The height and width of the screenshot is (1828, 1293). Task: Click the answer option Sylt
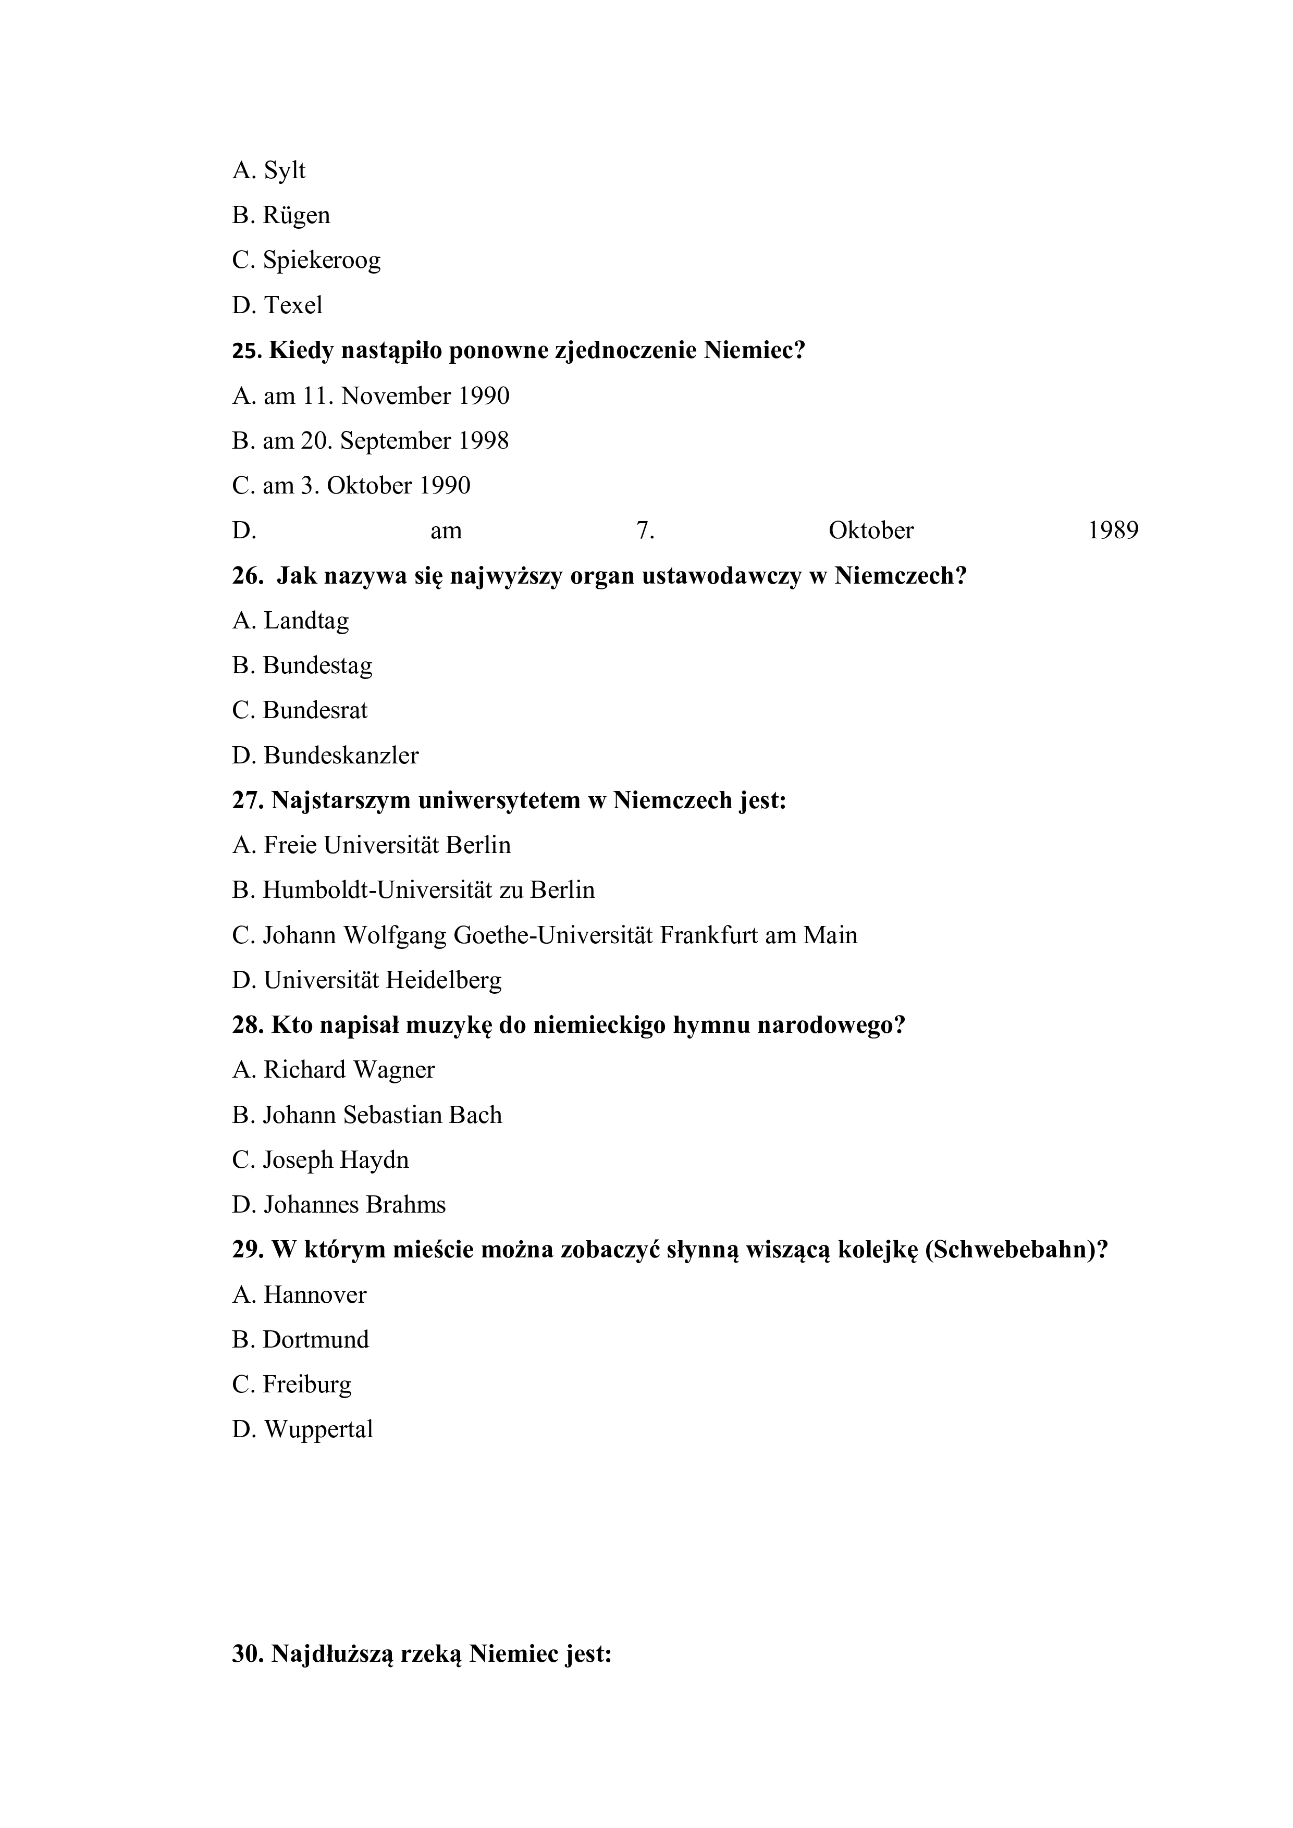click(284, 171)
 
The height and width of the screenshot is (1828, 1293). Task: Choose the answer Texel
click(293, 305)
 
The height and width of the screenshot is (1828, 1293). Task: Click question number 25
click(247, 351)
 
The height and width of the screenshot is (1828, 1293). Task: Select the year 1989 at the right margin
click(1113, 531)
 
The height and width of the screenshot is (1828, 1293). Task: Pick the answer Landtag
click(306, 620)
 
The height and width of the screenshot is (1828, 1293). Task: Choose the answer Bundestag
click(317, 665)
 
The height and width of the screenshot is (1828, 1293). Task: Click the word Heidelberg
click(444, 980)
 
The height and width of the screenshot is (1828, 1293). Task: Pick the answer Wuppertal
click(318, 1430)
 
